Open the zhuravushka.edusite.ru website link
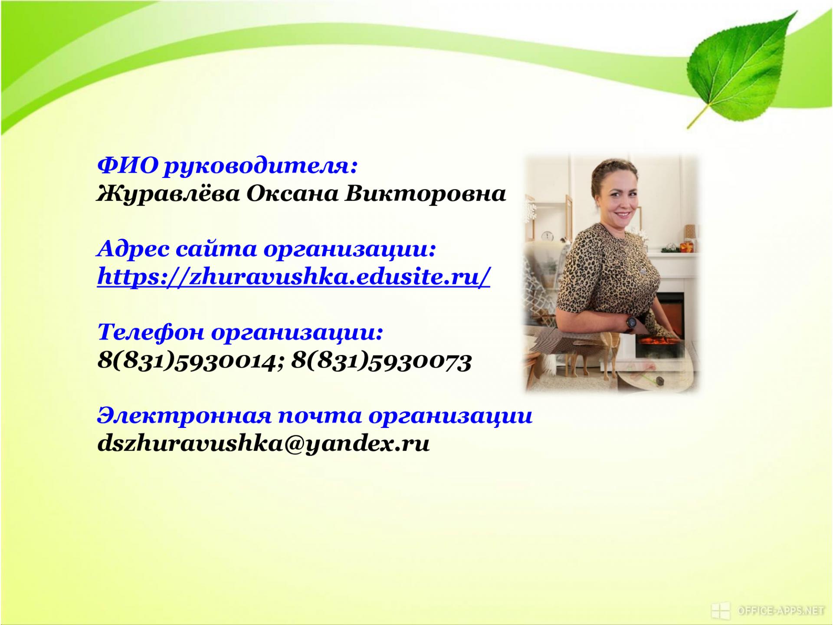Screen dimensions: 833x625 294,276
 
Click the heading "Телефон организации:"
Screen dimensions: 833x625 240,333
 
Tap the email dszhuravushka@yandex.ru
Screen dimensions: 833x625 263,444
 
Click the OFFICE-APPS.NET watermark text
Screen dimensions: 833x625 781,611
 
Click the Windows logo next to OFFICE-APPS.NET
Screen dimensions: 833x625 720,611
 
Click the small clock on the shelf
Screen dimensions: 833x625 547,236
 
